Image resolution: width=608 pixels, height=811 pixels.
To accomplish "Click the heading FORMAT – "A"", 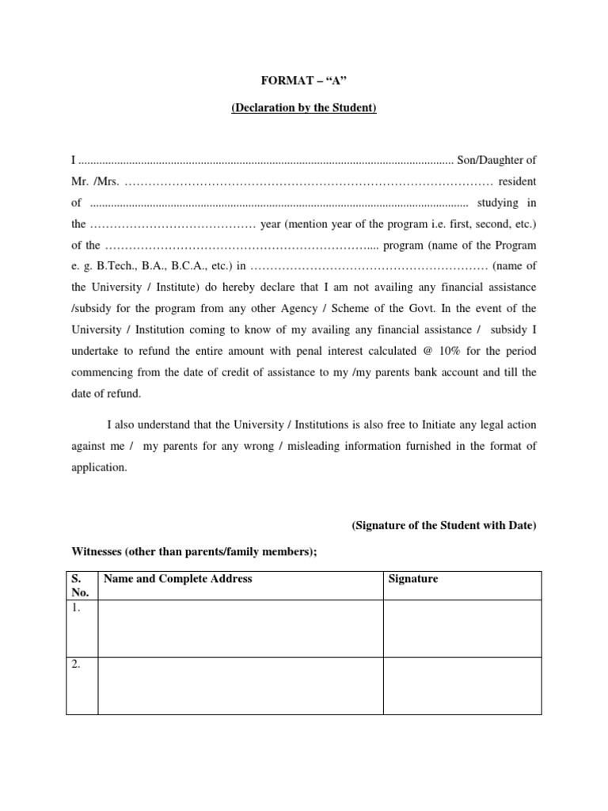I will pos(304,80).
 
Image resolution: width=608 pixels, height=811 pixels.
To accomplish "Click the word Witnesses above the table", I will pos(100,552).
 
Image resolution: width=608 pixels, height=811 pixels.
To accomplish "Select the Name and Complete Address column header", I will pos(177,579).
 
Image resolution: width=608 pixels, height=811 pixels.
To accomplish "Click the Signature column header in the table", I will pos(412,579).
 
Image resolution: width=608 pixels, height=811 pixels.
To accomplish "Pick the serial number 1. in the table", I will pos(77,608).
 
